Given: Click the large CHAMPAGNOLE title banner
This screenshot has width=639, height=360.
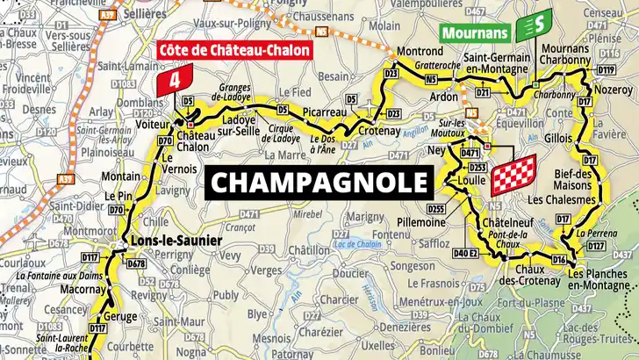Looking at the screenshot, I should click(x=320, y=183).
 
